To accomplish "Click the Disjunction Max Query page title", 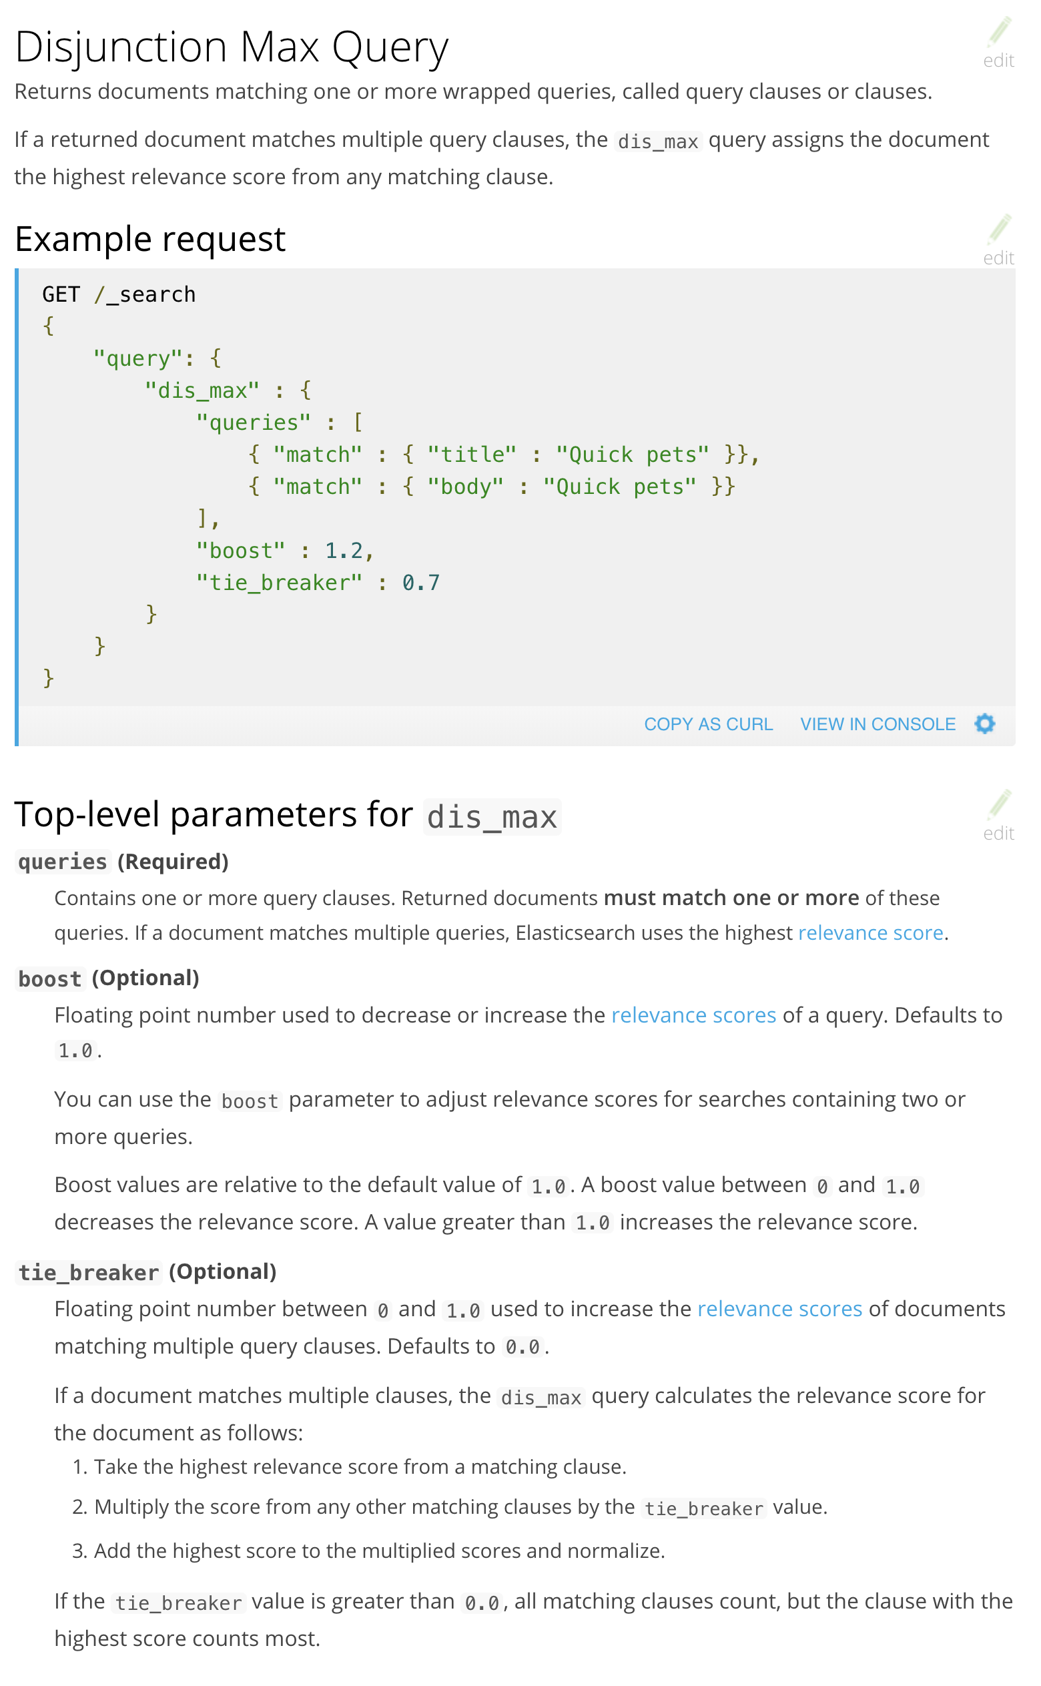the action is tap(232, 47).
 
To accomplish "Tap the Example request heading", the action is tap(150, 239).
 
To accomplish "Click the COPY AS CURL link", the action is tap(708, 724).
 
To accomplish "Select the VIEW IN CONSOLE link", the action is tap(877, 724).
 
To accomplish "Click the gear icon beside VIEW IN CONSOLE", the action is tap(984, 724).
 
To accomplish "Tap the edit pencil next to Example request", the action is tap(998, 238).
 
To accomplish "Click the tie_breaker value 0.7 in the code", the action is tap(420, 583).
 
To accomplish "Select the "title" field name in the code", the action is tap(472, 455).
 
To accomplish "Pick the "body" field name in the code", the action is tap(464, 487).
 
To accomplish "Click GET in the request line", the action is tap(61, 294).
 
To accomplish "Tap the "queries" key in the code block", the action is tap(254, 423).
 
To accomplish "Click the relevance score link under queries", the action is tap(870, 933).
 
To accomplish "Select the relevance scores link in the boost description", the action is tap(693, 1015).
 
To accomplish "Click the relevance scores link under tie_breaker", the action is tap(779, 1309).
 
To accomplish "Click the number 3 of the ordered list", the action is tap(78, 1551).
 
